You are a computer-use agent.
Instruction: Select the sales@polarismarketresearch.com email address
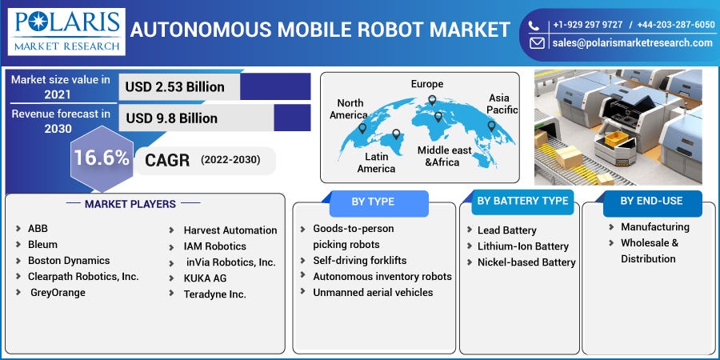631,43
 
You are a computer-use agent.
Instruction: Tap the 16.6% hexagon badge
101,158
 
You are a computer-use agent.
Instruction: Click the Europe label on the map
427,84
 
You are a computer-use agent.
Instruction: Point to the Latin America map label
376,162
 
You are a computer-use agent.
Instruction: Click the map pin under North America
362,128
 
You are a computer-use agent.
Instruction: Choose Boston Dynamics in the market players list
69,261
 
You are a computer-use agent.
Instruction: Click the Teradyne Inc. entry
214,294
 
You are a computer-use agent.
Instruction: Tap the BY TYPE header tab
373,202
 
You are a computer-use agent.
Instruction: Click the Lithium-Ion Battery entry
522,246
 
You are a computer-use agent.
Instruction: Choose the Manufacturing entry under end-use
654,227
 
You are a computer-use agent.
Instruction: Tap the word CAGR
167,160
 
